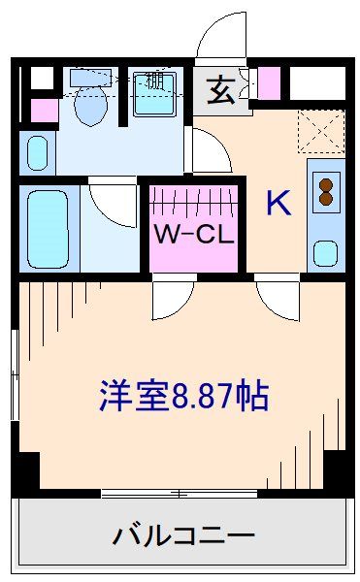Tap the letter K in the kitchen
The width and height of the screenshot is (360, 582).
(x=278, y=203)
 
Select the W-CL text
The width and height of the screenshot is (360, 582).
(x=194, y=234)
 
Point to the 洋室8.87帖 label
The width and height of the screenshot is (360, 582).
(x=183, y=395)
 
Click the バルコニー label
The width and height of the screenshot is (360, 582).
(x=183, y=535)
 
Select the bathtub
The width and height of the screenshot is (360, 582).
(x=46, y=230)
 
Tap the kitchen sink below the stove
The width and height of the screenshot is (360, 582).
(x=325, y=254)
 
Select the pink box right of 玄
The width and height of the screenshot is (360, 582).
(x=269, y=83)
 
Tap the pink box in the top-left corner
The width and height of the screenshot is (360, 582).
(x=43, y=110)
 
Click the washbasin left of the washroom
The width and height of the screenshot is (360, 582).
(x=37, y=152)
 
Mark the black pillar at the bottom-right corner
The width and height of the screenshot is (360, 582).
(x=337, y=473)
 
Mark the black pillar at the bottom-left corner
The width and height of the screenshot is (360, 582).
(x=25, y=473)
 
